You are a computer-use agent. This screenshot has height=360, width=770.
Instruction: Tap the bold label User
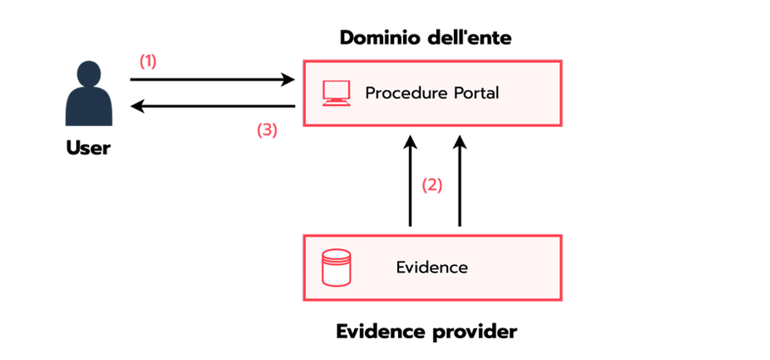tap(89, 148)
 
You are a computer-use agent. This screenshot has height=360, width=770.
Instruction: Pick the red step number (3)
tap(266, 130)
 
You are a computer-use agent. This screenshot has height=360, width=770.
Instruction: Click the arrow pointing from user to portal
tap(212, 80)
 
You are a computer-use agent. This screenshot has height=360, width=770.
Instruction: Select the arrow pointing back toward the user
tap(212, 106)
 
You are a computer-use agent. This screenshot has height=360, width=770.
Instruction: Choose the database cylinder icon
tap(336, 268)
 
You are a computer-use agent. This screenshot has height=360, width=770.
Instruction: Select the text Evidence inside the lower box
tap(432, 268)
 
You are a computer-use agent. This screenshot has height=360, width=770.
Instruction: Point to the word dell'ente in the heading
tap(468, 38)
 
